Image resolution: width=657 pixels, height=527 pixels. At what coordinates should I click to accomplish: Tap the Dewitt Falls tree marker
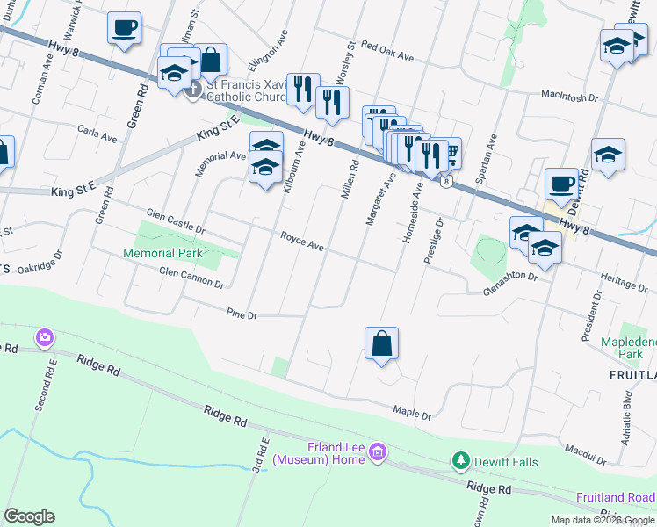(459, 460)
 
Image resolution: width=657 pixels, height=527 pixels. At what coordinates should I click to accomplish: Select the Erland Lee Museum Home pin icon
(378, 453)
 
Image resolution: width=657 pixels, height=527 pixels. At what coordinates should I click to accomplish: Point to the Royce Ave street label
(302, 241)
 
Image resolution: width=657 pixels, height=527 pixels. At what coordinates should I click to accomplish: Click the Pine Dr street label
(241, 314)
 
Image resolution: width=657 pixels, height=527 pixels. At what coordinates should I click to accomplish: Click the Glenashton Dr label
(509, 275)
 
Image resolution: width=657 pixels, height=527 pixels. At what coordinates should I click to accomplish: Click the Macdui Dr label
(586, 455)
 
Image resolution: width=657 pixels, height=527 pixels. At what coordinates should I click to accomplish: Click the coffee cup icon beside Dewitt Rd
(561, 184)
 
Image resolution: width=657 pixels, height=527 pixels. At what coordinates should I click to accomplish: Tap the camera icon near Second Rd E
(44, 337)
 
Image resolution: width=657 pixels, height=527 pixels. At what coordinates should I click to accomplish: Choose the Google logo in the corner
(30, 516)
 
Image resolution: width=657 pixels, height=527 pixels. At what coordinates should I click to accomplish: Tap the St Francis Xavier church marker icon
(193, 90)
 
